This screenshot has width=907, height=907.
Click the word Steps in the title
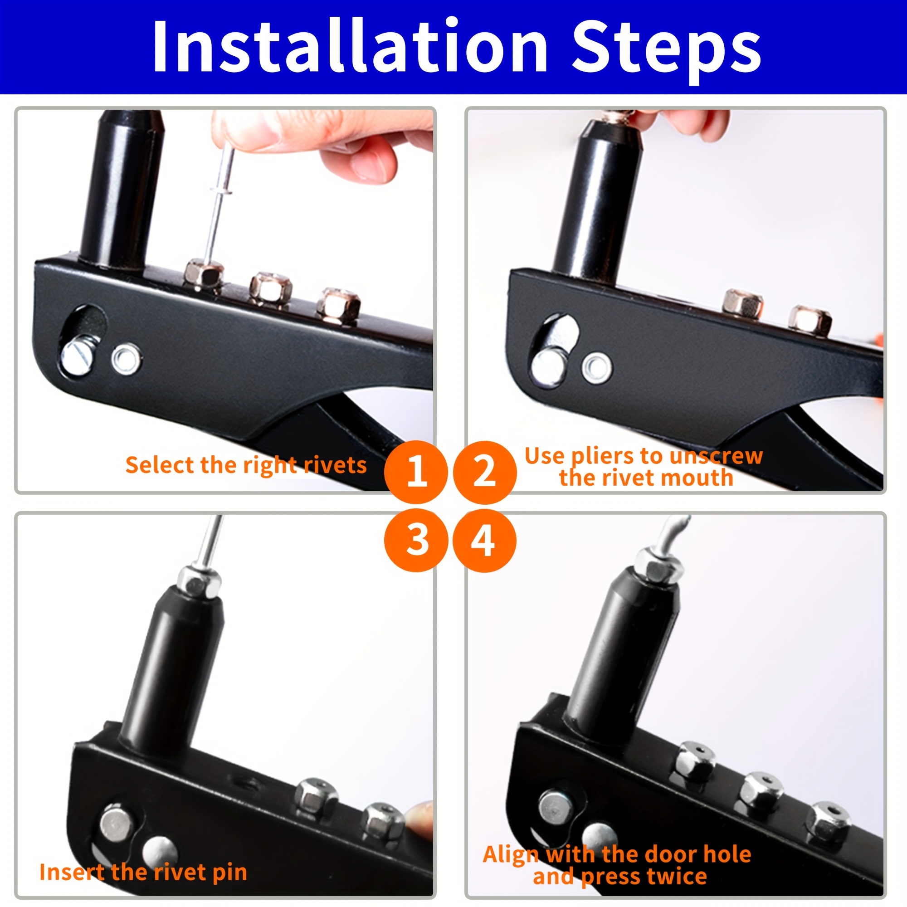[666, 51]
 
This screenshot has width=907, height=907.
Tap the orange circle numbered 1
[415, 472]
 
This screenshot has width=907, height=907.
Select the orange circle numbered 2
[485, 472]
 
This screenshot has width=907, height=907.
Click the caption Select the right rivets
[246, 466]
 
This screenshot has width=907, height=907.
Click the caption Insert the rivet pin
[143, 872]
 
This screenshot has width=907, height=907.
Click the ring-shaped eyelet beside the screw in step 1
[126, 359]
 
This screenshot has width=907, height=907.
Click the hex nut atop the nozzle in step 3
[199, 582]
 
